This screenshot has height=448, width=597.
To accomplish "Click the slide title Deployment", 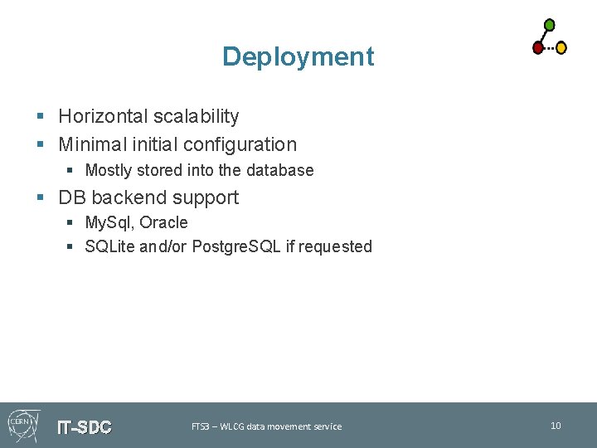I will [298, 56].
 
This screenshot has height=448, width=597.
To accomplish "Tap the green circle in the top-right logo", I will [549, 25].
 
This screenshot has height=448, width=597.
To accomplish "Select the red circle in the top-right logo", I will [537, 48].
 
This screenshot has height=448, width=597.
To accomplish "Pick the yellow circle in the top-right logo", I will [561, 48].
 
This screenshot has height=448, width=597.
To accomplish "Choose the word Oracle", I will [163, 222].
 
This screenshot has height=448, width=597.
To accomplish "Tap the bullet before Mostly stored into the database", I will [70, 171].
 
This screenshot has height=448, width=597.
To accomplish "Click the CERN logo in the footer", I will [21, 424].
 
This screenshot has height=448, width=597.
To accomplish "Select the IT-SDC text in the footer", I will [84, 428].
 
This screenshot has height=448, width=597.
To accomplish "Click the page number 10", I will [556, 426].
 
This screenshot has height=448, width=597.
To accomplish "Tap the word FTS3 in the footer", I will [200, 426].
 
